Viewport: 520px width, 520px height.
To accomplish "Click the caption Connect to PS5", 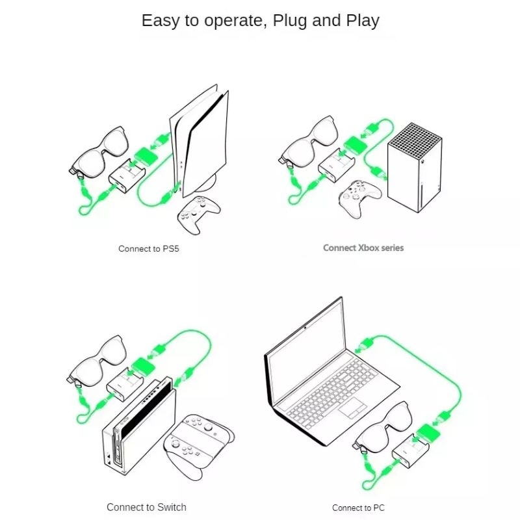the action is [149, 249].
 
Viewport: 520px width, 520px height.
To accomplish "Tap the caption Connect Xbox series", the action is [363, 248].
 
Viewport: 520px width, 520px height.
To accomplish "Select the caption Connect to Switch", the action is [146, 507].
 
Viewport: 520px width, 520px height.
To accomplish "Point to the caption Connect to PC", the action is [358, 508].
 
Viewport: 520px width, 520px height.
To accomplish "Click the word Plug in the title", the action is [290, 21].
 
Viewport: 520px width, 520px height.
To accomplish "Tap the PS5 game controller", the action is [199, 214].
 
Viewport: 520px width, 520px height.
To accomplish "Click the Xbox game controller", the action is [359, 198].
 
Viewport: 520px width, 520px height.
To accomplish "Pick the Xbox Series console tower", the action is [415, 168].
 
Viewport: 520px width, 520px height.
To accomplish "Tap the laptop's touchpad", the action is [352, 408].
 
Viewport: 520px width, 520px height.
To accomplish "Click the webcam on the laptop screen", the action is [305, 328].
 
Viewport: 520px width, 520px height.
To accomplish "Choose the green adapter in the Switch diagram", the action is [143, 367].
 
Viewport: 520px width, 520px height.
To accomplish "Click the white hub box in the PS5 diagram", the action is [127, 175].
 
